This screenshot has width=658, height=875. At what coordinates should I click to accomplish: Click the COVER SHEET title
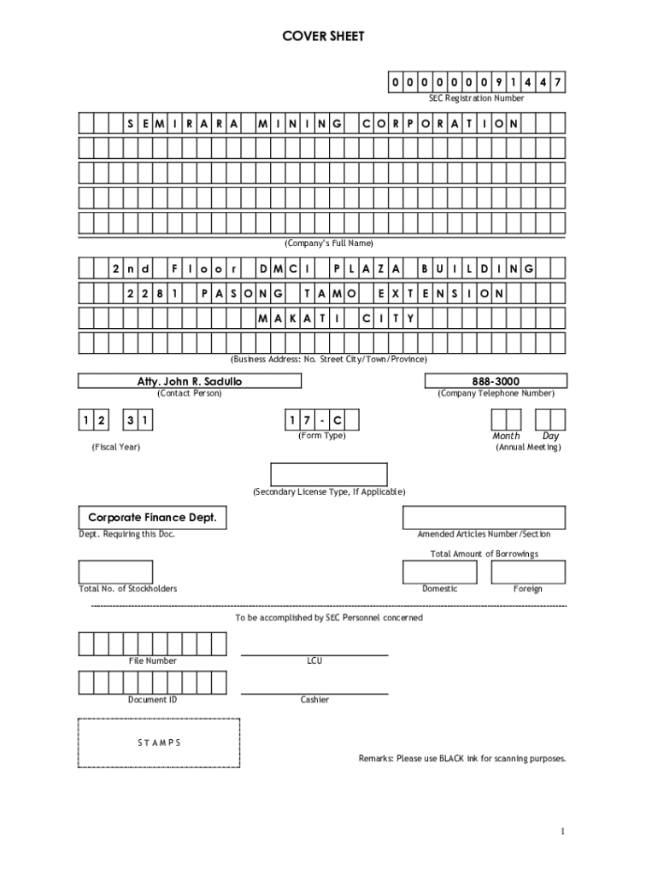point(323,37)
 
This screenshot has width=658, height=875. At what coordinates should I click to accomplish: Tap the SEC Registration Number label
point(476,98)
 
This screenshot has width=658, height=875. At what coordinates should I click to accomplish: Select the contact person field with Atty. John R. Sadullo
point(190,381)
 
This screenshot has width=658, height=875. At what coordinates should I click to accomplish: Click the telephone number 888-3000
point(495,381)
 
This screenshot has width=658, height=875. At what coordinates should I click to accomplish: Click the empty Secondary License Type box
point(329,474)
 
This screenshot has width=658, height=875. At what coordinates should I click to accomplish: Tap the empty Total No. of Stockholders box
point(115,572)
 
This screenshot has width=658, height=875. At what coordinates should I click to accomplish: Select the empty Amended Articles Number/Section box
point(484,518)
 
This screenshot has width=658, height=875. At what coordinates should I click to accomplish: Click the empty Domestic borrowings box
point(440,572)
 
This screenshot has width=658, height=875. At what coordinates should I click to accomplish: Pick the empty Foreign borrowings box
point(527,572)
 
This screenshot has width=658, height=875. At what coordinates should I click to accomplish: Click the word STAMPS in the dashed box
point(159,743)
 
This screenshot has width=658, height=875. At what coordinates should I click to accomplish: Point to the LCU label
point(314,661)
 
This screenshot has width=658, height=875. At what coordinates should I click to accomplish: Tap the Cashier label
point(314,700)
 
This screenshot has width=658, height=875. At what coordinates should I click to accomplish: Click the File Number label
point(153,661)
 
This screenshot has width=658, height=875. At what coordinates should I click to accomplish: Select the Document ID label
point(153,700)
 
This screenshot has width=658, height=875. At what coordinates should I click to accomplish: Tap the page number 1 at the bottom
point(564,831)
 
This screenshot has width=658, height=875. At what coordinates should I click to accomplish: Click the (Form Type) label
point(322,436)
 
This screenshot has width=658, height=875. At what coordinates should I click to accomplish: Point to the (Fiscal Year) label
point(116,448)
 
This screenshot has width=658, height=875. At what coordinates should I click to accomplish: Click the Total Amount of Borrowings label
point(484,554)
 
